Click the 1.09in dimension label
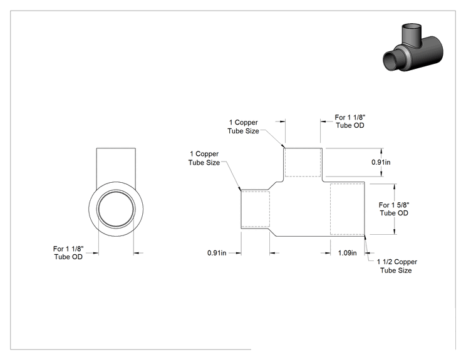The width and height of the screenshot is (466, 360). pos(347,253)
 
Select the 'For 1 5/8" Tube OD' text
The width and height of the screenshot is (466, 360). pos(394,209)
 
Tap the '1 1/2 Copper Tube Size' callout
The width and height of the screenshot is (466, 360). pos(396,266)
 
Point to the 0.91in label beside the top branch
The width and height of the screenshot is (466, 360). pos(381,162)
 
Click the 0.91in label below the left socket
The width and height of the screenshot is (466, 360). pos(217,253)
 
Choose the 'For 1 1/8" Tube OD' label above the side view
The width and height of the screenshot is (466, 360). pos(349,121)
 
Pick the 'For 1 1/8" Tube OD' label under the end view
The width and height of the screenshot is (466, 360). pos(68,253)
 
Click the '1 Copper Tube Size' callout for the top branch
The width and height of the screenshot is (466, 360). pos(243,126)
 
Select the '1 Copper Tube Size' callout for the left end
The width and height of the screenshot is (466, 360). pos(204,158)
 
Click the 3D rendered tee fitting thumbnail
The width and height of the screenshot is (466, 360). pos(413,48)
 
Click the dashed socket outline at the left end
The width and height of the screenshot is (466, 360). pos(269,209)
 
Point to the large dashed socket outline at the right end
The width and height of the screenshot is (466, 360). pos(331,209)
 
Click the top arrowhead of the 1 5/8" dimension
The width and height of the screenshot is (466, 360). pos(395,186)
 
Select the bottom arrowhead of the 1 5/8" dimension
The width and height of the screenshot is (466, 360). pos(395,232)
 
